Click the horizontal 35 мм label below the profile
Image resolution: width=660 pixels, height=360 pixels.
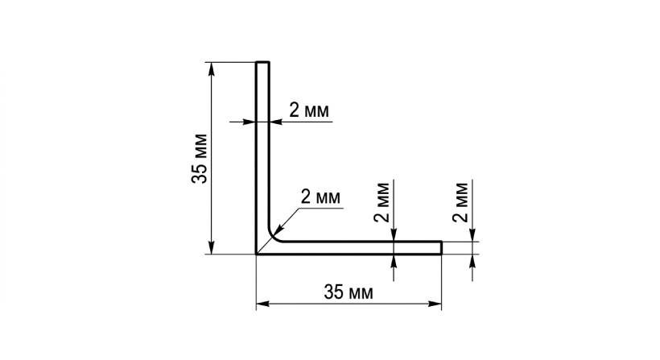348,292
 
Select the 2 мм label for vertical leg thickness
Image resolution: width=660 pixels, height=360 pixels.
309,110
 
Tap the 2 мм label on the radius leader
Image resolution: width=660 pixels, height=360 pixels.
320,196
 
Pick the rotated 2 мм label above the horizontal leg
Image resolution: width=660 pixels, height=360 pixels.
382,204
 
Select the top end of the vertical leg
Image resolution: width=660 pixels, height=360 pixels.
262,62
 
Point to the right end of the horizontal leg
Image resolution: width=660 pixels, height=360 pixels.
441,247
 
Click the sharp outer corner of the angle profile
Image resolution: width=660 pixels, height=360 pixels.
257,254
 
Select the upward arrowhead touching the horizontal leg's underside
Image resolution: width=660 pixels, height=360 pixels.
394,260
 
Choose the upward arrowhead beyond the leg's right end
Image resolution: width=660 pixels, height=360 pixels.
472,260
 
